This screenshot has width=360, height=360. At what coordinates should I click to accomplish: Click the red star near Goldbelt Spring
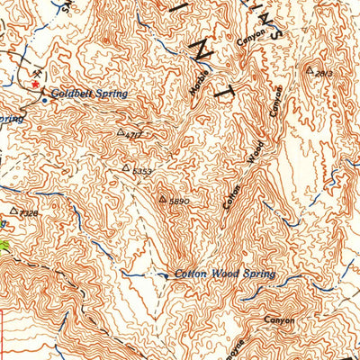pos(36,85)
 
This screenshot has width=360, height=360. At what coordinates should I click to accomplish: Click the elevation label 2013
pos(324,73)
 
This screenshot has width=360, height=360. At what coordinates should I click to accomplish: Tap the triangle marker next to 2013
pos(310,68)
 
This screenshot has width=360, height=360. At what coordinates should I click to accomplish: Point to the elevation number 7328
pos(28,213)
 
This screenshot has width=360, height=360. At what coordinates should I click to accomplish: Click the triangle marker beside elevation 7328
pos(13,211)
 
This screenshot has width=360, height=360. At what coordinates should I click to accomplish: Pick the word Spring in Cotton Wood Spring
pos(258,274)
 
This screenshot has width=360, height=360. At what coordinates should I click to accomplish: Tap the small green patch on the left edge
pos(4,246)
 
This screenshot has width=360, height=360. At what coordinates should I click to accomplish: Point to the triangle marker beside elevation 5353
pos(126,167)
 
